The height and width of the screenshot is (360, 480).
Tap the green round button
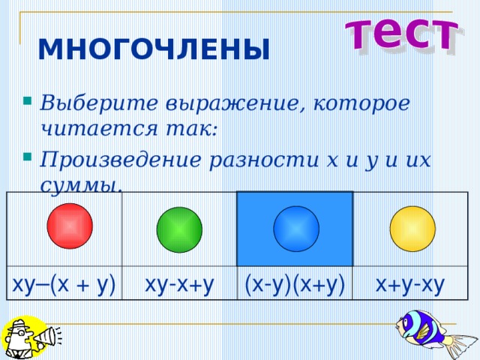179,229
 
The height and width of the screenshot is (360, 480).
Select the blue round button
296,228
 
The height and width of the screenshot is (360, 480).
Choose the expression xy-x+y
180,284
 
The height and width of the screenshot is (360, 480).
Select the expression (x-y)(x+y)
295,284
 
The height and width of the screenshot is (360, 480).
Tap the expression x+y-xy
410,284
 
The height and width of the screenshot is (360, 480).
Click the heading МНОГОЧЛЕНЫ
153,50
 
